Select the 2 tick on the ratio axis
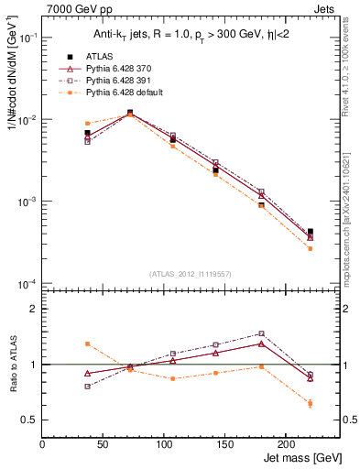[35, 310]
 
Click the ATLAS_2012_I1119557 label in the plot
[191, 274]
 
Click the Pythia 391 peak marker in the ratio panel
[261, 333]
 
